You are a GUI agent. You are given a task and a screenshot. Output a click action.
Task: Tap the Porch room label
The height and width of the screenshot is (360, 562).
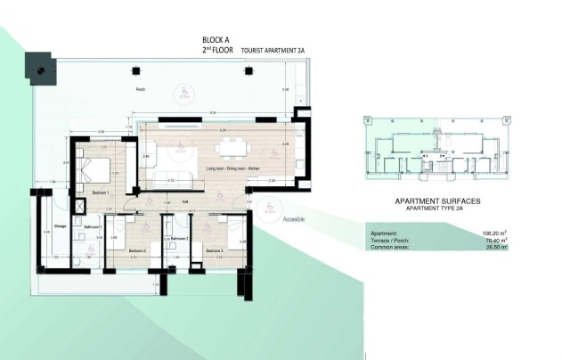[141, 90]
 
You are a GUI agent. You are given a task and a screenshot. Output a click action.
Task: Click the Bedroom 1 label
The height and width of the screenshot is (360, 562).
[100, 192]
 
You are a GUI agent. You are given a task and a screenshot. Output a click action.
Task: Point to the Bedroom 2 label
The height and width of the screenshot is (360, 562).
[136, 250]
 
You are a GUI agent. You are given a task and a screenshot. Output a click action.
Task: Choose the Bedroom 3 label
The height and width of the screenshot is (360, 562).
[214, 250]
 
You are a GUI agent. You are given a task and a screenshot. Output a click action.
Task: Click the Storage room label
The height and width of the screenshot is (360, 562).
[60, 225]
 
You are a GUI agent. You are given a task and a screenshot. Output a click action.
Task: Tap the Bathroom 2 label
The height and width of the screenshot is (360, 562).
[179, 238]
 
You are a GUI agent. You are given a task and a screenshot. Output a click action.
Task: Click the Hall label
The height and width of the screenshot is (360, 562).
[185, 201]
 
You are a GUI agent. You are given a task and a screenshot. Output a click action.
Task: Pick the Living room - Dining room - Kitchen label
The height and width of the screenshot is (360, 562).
[232, 168]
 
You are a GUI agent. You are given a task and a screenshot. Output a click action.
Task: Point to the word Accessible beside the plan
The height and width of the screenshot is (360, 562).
[296, 218]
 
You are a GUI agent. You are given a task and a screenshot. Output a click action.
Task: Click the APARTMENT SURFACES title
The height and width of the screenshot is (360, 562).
[436, 201]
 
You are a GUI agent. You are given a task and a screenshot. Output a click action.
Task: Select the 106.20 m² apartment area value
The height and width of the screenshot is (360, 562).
[492, 233]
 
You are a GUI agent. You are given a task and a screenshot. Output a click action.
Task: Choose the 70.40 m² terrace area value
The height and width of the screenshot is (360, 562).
[493, 241]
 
